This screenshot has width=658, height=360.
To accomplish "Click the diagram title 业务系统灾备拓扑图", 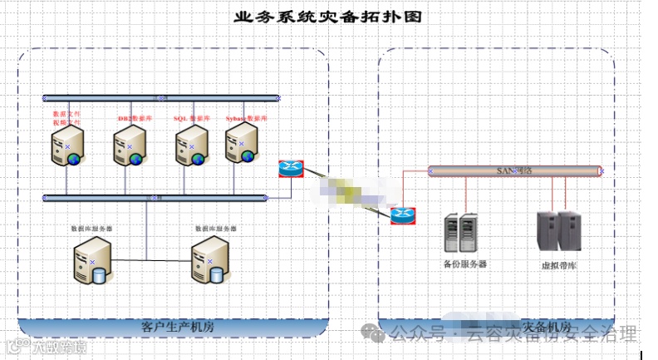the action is (x=328, y=17).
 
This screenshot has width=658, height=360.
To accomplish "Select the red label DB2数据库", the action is (x=135, y=119).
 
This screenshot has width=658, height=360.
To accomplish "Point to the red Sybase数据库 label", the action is (x=246, y=119).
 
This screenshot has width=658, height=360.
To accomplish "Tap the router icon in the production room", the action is (x=290, y=168).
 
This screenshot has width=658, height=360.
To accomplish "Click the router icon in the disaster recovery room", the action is (x=403, y=215).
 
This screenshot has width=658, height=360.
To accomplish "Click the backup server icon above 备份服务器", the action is (x=462, y=233).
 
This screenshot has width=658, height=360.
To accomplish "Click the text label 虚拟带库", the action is (x=557, y=266).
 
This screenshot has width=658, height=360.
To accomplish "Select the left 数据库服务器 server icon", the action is (x=91, y=260).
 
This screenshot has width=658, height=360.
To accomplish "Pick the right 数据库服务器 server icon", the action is (x=209, y=260).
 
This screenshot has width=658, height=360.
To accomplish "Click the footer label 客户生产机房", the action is (x=177, y=327).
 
